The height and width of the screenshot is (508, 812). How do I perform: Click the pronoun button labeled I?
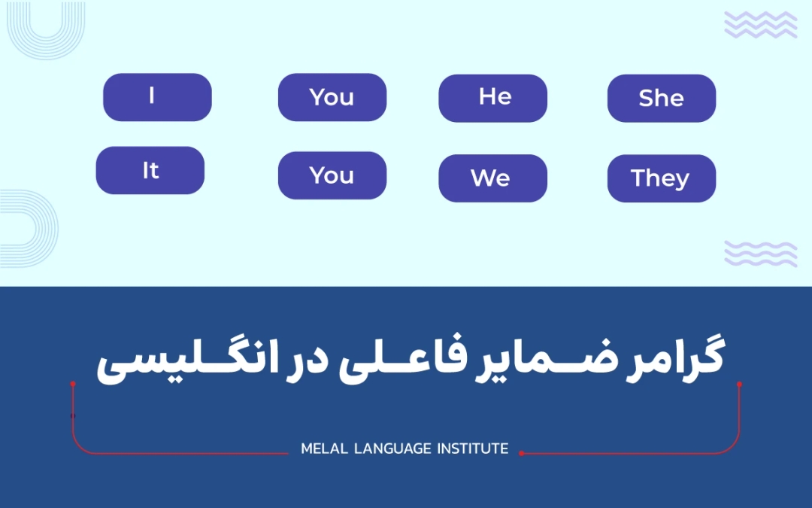pos(157,97)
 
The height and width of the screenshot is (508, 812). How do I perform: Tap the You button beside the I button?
pos(332,97)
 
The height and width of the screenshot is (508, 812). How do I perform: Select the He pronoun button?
pos(492,98)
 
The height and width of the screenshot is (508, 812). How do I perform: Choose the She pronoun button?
pos(661,98)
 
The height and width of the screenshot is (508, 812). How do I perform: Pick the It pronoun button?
pos(150,170)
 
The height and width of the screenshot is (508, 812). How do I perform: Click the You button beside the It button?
pos(332,175)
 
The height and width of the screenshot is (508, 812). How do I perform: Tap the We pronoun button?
pos(492,178)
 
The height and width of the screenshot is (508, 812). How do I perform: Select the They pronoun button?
pos(661,178)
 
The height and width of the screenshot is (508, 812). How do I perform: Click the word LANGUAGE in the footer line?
pos(392,449)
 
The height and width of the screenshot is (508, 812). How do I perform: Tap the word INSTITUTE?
pos(473,449)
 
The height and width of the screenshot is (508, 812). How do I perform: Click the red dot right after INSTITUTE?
pos(521,453)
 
